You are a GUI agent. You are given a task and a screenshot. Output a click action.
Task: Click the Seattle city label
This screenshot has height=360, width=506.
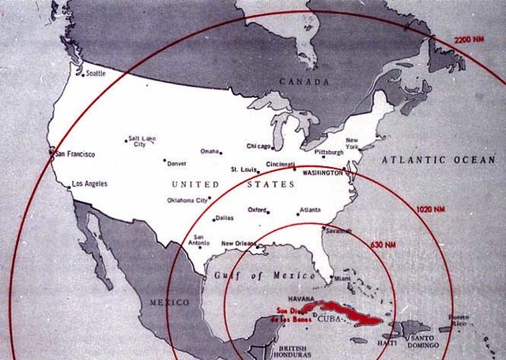point(95,74)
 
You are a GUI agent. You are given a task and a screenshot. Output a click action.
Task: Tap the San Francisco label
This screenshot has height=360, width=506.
point(74,153)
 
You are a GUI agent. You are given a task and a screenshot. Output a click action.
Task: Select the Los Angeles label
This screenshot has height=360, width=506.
point(89,184)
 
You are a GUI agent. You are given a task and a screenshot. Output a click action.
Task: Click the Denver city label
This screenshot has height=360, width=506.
point(176,164)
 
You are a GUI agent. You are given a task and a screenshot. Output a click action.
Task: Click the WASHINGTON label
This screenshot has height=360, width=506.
point(323,172)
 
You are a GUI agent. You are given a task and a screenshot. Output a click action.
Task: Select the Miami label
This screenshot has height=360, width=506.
point(342,278)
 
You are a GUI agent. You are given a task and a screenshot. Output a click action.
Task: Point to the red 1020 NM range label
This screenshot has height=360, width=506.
point(429,209)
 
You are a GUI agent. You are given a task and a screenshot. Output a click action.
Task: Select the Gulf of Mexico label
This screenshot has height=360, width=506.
point(249,275)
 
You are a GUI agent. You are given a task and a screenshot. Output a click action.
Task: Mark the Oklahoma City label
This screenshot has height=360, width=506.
point(187,200)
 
